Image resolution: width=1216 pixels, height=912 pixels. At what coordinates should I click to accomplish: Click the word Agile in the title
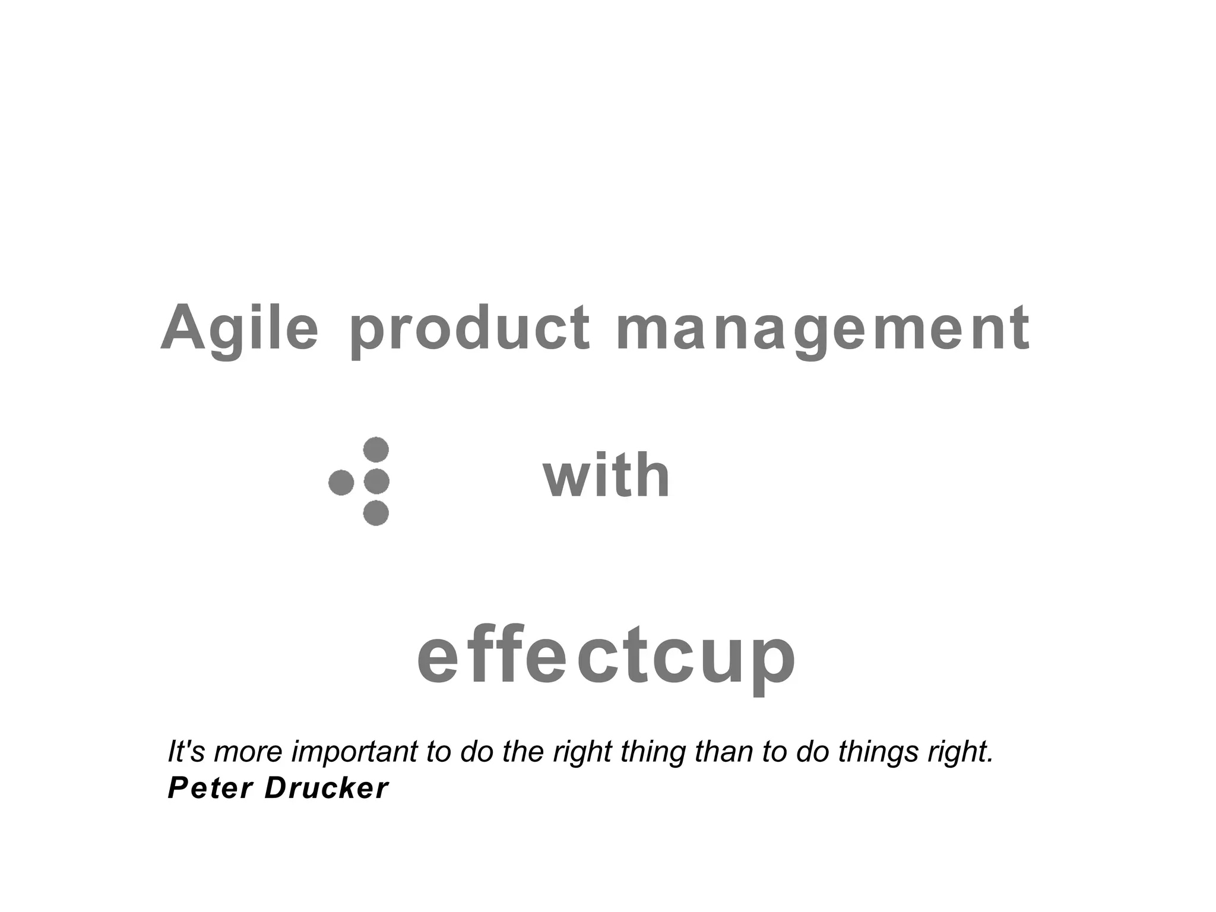240,328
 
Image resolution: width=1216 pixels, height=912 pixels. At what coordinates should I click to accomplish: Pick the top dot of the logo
376,449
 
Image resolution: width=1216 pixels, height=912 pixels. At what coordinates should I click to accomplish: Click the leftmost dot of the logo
341,482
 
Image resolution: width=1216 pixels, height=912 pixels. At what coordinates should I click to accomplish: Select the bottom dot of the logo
376,513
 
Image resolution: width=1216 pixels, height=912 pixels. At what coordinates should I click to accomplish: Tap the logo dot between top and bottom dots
376,482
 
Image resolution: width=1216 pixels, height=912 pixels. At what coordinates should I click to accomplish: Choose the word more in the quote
249,752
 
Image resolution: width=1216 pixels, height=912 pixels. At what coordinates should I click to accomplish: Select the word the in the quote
522,752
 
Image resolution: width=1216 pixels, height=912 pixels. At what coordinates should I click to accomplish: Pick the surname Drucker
326,788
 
